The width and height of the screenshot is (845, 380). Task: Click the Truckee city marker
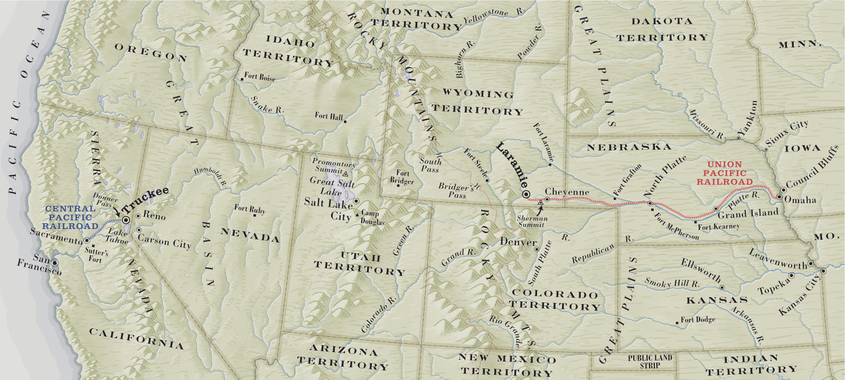click(126, 220)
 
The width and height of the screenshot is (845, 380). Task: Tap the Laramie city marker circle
click(526, 195)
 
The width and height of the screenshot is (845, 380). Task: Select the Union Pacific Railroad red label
click(725, 173)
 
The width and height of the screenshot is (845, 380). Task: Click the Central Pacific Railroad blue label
click(70, 217)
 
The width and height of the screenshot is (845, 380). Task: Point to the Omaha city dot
click(779, 197)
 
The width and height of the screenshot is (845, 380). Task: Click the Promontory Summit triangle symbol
click(345, 173)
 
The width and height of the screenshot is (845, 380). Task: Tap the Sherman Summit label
click(532, 221)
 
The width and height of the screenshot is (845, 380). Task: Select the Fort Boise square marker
click(242, 79)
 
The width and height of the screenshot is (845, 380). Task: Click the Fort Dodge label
click(698, 319)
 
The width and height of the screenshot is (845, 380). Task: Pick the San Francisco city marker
click(54, 262)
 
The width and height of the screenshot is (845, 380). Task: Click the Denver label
click(518, 242)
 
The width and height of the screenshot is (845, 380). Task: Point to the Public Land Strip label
click(650, 361)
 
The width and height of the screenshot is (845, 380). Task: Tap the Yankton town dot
click(738, 138)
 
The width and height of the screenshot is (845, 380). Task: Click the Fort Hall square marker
click(345, 122)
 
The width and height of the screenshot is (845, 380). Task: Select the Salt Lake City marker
click(356, 201)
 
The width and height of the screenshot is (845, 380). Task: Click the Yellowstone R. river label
click(494, 16)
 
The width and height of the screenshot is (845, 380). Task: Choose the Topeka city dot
click(792, 275)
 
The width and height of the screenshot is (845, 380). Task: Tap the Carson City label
click(164, 241)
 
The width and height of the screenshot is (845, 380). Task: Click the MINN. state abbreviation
click(800, 44)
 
